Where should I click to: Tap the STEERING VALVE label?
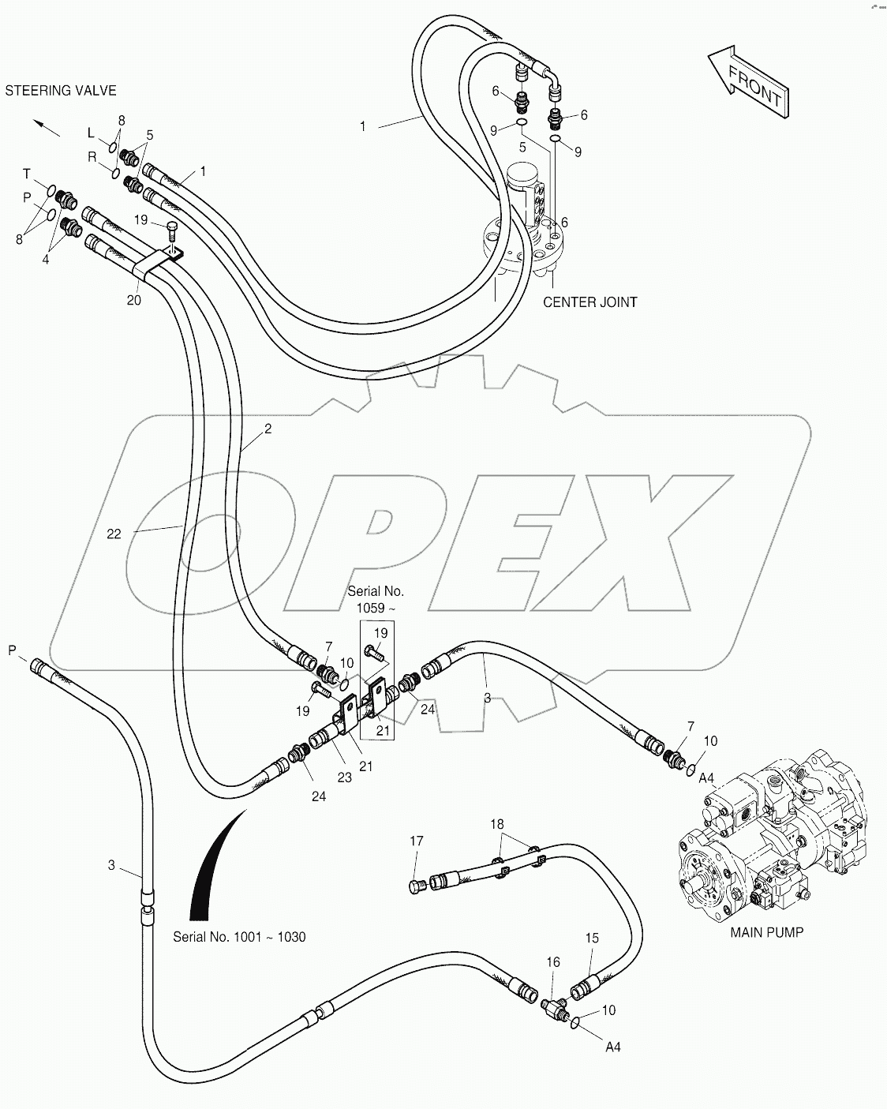(61, 90)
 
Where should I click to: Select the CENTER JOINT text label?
(589, 302)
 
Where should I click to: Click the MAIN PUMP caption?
(766, 932)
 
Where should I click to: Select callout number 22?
(114, 534)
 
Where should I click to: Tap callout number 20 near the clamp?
(134, 300)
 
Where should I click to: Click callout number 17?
(416, 841)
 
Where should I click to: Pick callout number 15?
(592, 938)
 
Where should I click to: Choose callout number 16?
(553, 962)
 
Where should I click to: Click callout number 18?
(496, 824)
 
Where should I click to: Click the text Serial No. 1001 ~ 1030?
(239, 937)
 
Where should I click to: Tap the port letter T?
(26, 174)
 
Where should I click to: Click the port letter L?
(91, 132)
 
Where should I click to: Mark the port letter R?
(92, 156)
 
